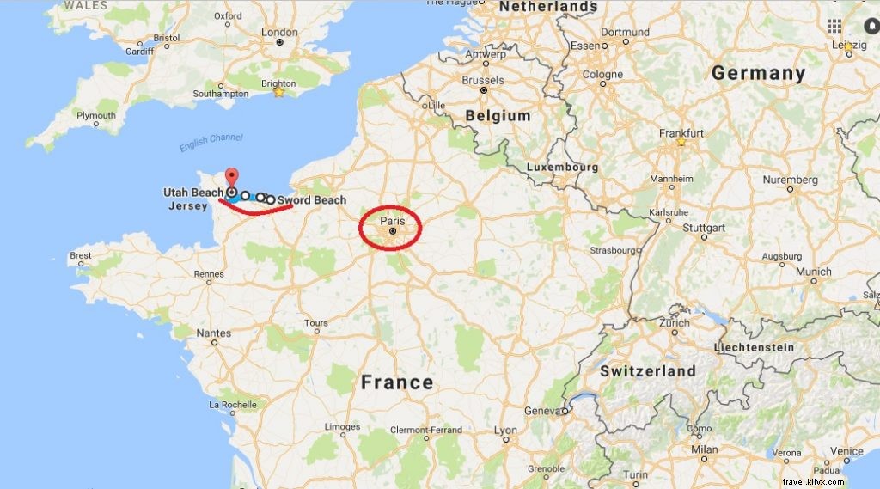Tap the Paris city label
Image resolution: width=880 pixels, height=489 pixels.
point(391,221)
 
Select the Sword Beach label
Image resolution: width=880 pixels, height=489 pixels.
point(312,200)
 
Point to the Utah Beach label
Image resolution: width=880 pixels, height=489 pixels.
point(193,193)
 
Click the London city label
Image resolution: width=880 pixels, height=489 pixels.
point(280,33)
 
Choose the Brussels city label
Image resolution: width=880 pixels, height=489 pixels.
point(482,80)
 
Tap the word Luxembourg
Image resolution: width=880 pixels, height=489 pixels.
point(562,166)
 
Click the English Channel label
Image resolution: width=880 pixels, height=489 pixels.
point(211,143)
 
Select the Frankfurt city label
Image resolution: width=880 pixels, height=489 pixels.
point(681,133)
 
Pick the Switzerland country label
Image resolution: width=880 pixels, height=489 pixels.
point(647,371)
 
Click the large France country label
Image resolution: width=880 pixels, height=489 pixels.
point(397,382)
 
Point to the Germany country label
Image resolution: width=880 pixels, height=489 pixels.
point(758,74)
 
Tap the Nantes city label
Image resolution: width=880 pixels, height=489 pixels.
point(213,333)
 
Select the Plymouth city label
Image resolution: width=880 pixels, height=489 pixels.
point(96,115)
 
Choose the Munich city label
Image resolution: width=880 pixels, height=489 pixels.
point(813,272)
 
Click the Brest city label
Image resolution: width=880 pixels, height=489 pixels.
point(81,255)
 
